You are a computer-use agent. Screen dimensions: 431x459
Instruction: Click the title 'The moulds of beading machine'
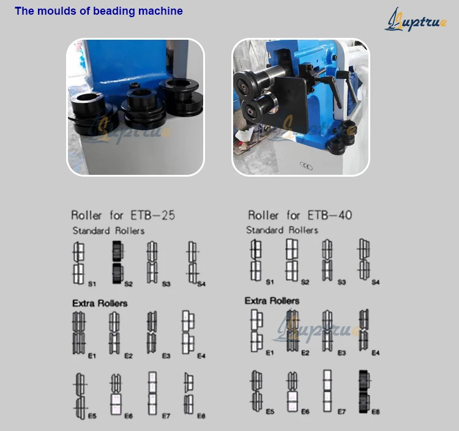pos(99,11)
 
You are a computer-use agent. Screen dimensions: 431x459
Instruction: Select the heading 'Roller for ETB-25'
pos(123,215)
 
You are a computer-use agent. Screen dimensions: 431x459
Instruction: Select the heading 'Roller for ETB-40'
pos(299,215)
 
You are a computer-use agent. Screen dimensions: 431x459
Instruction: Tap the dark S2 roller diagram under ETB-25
pos(118,262)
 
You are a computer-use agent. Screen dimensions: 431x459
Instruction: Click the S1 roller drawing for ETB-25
pos(78,263)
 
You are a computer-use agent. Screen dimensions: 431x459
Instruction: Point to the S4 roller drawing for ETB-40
pos(364,260)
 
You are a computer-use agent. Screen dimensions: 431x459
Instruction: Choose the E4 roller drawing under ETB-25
pos(188,332)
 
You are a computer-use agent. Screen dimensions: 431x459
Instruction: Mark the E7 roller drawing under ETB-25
pos(152,393)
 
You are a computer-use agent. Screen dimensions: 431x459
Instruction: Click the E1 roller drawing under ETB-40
pos(256,330)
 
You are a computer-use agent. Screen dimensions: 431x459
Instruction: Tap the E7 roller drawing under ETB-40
pos(328,392)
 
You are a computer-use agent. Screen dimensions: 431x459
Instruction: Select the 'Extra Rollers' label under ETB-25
pos(100,303)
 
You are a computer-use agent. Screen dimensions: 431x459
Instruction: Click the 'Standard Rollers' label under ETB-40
pos(282,230)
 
